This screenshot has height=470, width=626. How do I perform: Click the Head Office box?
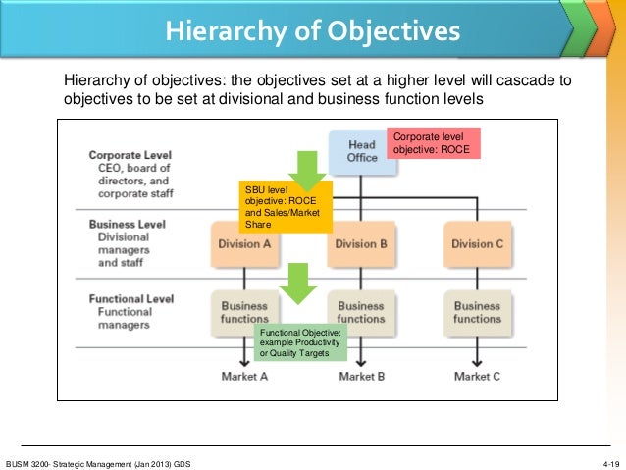click(361, 152)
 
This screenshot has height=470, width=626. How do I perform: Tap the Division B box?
click(361, 244)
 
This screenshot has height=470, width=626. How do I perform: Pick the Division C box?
click(477, 244)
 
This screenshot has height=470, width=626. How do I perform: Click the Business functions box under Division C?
click(477, 312)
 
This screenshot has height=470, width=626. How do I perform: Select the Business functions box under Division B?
click(361, 312)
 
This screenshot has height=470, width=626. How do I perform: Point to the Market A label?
click(244, 376)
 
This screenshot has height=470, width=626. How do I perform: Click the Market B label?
click(361, 376)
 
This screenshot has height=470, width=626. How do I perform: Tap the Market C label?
click(477, 376)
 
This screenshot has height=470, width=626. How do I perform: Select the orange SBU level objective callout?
click(286, 206)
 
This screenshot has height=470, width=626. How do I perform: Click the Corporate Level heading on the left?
click(130, 155)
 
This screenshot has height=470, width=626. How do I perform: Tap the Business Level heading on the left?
click(126, 224)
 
